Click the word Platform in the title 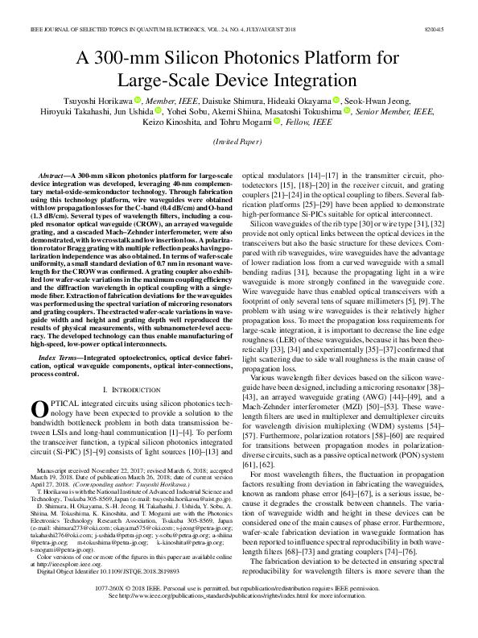pos(341,59)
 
